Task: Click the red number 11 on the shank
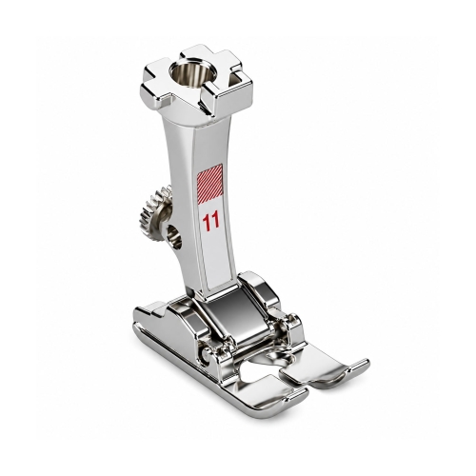[x=211, y=221]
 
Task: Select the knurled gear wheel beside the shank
[x=154, y=211]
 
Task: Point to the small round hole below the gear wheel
[x=175, y=236]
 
